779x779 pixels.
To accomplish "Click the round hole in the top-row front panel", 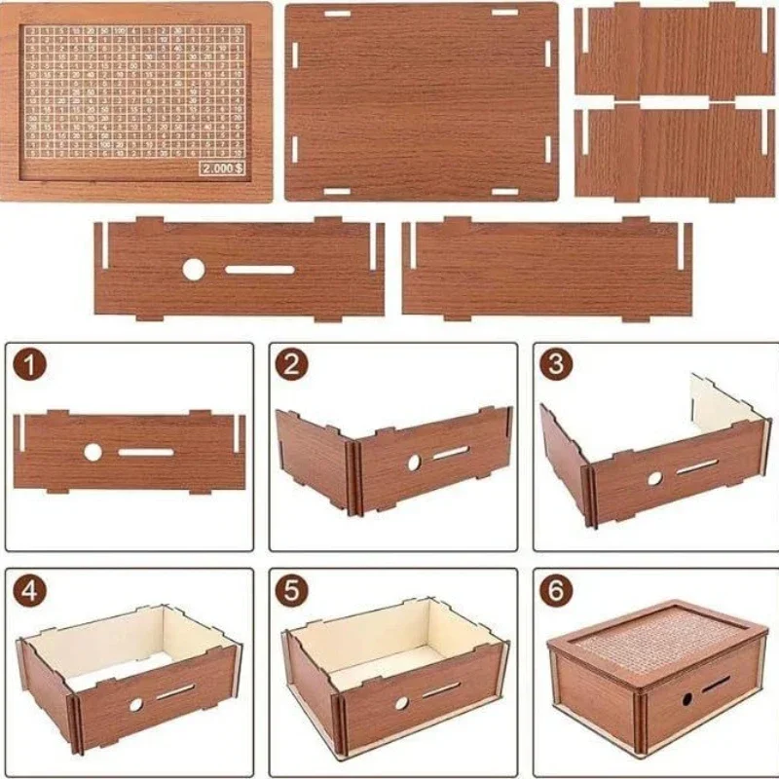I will (x=194, y=270).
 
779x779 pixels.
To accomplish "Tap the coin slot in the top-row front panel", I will (x=260, y=270).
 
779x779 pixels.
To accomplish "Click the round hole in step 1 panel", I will (x=93, y=452).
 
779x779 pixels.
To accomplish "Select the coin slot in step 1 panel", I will (x=146, y=452).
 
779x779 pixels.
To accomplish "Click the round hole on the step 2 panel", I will (x=414, y=462).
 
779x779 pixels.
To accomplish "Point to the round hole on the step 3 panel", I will (x=654, y=478).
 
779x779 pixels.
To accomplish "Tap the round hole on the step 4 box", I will (x=136, y=703).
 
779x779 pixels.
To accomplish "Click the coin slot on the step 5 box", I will (x=441, y=690).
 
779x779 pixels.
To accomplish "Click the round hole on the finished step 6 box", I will (x=686, y=699).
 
